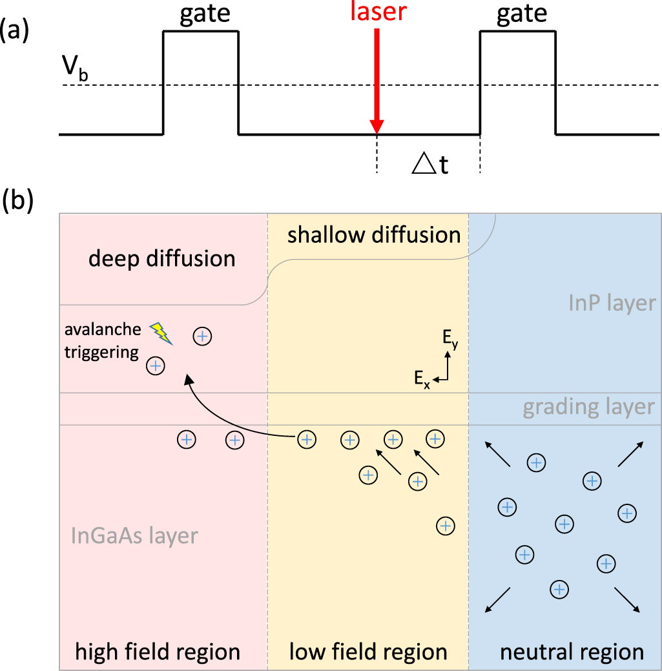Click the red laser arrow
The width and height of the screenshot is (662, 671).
pyautogui.click(x=377, y=84)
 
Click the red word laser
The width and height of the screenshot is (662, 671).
pyautogui.click(x=377, y=12)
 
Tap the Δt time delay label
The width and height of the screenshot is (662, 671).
pyautogui.click(x=430, y=166)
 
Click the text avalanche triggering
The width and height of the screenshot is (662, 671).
pyautogui.click(x=103, y=340)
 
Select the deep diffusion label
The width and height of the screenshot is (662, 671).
pyautogui.click(x=161, y=259)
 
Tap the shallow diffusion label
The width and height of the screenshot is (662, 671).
pyautogui.click(x=374, y=234)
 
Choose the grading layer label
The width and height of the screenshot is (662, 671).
pyautogui.click(x=589, y=407)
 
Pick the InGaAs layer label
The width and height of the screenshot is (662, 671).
pyautogui.click(x=134, y=535)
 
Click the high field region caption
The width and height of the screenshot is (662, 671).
pyautogui.click(x=158, y=652)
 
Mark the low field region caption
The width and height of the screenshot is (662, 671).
pyautogui.click(x=368, y=652)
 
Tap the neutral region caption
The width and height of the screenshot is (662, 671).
pyautogui.click(x=572, y=652)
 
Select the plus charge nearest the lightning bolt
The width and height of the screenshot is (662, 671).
pyautogui.click(x=202, y=336)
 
